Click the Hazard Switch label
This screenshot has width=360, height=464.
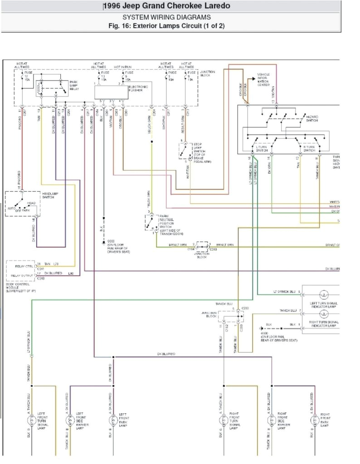pos(312,118)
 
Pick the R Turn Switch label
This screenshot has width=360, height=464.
pos(309,148)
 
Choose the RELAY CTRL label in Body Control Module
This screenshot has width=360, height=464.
pos(18,265)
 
